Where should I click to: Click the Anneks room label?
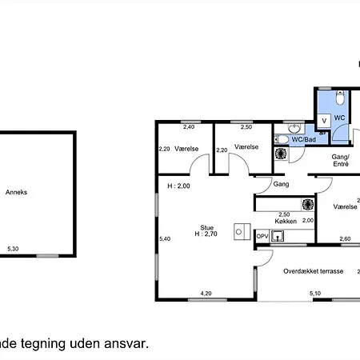[x=16, y=192]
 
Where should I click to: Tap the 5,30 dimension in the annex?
[x=13, y=249]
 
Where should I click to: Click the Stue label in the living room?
[x=206, y=228]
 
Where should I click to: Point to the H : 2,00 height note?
[x=178, y=186]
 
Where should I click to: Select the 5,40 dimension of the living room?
[x=165, y=238]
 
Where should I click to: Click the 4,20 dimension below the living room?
[x=206, y=294]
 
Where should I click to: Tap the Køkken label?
[x=286, y=221]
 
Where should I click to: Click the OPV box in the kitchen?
[x=262, y=236]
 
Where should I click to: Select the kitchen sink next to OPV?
[x=278, y=236]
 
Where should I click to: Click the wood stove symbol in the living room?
[x=242, y=231]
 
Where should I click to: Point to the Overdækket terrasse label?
[x=313, y=271]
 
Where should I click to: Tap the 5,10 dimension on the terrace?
[x=315, y=294]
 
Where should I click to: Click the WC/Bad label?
[x=303, y=139]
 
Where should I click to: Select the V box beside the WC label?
[x=324, y=121]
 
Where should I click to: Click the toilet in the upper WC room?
[x=340, y=98]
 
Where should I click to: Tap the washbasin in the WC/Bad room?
[x=294, y=128]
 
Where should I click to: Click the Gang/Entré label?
[x=341, y=160]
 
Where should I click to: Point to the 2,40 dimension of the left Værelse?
[x=189, y=127]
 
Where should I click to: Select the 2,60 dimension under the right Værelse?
[x=345, y=238]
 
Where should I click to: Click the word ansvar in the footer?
[x=126, y=343]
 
